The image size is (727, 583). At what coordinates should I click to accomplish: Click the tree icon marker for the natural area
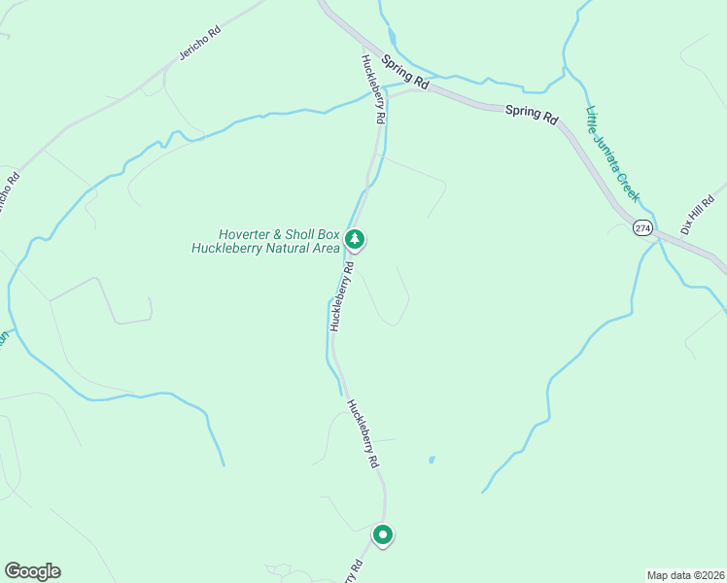pos(356,238)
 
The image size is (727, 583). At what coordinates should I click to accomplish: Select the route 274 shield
pos(642,227)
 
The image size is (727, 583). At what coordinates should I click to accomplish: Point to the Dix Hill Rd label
pos(698,213)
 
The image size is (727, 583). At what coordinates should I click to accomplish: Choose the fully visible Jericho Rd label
pos(200,42)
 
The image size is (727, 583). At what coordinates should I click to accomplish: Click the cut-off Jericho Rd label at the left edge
pos(8,195)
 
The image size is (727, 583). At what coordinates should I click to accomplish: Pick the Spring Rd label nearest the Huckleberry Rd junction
pos(405,73)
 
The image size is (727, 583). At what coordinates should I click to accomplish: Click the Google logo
pos(32,571)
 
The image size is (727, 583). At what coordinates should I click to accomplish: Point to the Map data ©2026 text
pos(684,575)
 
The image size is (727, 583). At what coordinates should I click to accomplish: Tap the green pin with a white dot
pos(383,534)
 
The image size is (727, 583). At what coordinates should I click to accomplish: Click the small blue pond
pos(431,460)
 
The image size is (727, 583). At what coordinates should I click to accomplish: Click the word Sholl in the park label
pos(304,234)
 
